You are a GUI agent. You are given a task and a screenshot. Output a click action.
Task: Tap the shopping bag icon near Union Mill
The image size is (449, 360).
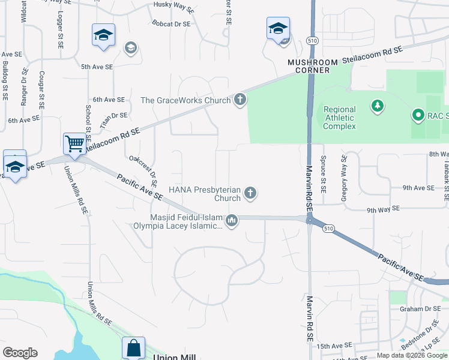click(133, 348)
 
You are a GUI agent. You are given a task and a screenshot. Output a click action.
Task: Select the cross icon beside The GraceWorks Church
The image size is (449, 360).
click(240, 100)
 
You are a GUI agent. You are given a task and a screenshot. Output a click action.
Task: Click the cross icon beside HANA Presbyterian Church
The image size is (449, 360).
click(251, 193)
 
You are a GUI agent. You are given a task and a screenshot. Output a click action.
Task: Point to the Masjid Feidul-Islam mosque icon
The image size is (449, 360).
click(232, 221)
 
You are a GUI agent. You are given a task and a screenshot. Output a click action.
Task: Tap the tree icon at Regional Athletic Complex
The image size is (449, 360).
click(377, 107)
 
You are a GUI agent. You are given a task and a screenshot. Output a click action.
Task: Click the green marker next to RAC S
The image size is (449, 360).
click(418, 115)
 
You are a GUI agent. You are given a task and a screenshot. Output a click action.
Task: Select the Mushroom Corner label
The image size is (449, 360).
click(312, 66)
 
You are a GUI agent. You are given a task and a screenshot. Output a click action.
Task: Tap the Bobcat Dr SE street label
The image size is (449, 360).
click(171, 24)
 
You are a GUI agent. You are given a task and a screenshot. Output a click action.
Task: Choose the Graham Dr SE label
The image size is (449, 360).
click(420, 309)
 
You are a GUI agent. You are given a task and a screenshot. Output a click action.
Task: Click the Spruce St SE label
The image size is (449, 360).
click(324, 173)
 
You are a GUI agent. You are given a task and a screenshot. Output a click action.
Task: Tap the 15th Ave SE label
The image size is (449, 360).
click(334, 346)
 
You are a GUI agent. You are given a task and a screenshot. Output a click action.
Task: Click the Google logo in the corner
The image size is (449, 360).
click(20, 353)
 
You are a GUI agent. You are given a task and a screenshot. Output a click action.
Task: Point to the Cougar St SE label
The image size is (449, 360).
click(41, 89)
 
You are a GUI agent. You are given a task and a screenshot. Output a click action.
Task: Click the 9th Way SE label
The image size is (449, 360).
click(383, 209)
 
